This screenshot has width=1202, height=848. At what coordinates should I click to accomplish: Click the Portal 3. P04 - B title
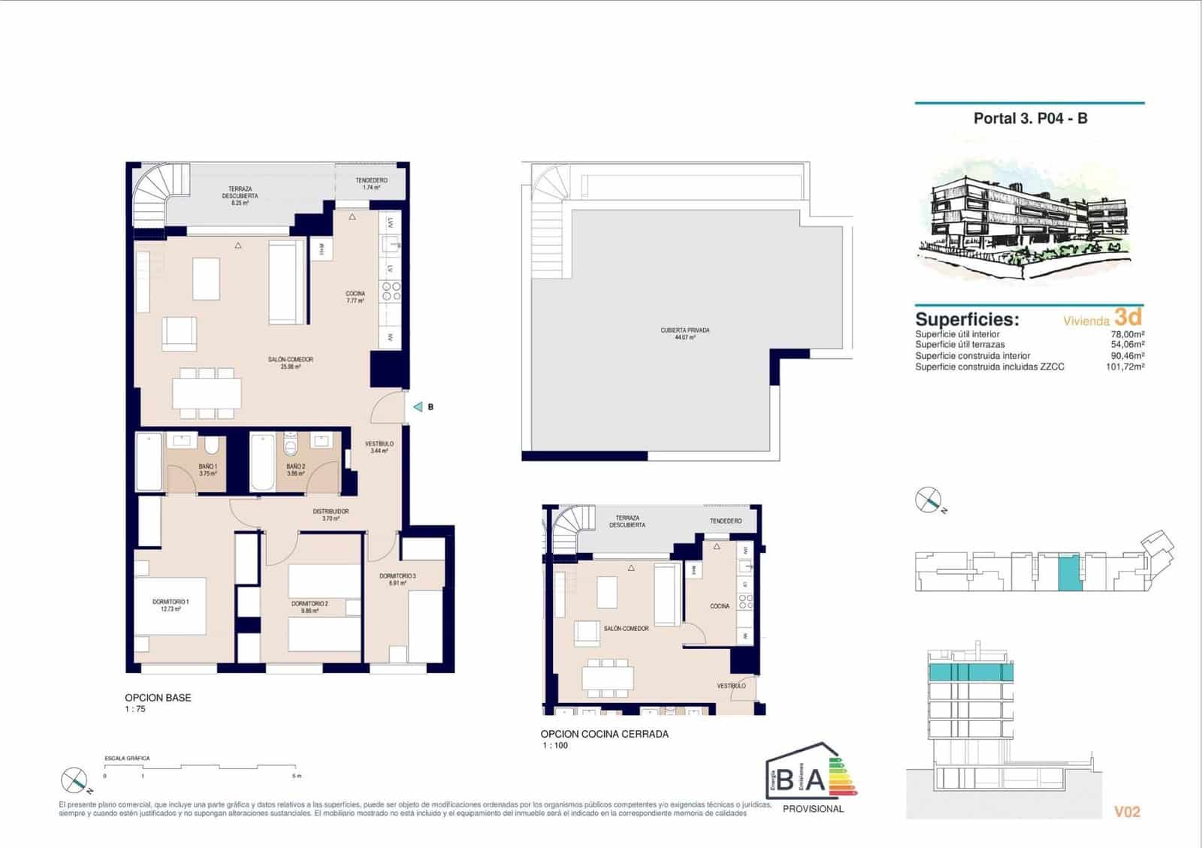click(1030, 119)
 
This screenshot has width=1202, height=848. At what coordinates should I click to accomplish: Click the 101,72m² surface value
click(1125, 367)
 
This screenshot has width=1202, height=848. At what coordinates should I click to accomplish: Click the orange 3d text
click(1128, 317)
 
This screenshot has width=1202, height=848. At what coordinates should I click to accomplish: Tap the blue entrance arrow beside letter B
click(418, 407)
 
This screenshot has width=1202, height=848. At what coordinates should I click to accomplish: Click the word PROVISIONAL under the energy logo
click(813, 809)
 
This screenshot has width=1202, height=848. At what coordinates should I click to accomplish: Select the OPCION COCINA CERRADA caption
click(604, 734)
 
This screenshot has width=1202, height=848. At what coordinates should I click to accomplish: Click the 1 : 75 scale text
click(135, 709)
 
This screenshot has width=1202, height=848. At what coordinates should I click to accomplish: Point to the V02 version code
click(1127, 812)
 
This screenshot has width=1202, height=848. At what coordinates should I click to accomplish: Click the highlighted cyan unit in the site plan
click(1069, 572)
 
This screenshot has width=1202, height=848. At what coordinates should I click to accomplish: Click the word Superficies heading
click(966, 319)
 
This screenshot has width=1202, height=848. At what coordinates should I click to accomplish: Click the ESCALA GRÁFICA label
click(127, 759)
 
